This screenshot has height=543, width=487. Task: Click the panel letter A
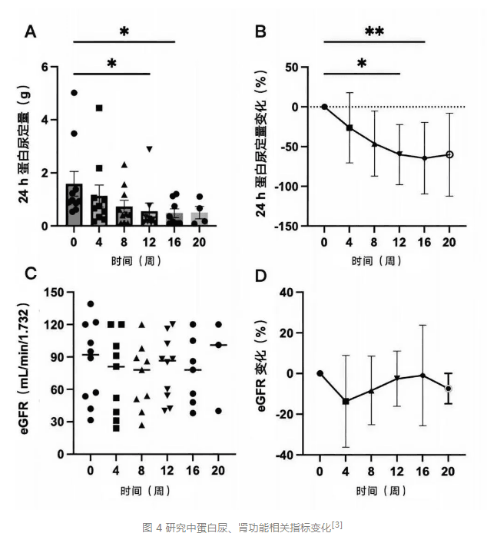(31, 31)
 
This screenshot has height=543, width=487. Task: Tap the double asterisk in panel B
(374, 31)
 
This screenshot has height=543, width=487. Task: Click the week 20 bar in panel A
(200, 219)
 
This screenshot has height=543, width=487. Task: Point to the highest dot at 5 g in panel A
(75, 93)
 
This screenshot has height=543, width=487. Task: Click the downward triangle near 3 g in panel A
(150, 149)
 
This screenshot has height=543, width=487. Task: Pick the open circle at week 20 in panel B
(449, 154)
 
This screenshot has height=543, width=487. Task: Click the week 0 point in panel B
(324, 107)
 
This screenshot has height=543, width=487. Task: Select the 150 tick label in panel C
(52, 293)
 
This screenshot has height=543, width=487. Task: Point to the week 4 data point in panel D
(346, 401)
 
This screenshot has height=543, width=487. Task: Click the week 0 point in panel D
(320, 373)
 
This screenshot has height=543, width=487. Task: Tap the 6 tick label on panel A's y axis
(55, 68)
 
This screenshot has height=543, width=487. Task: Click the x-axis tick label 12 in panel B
(399, 243)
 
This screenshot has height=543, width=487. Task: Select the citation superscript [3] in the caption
(336, 525)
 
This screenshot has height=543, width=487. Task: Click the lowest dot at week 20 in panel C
(218, 411)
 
